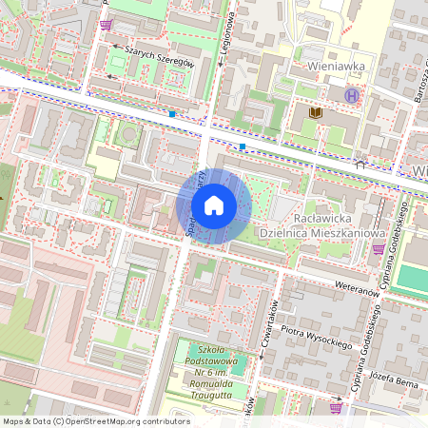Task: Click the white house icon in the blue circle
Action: tap(214, 205)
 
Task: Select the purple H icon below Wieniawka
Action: tap(353, 95)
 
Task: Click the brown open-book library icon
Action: tap(316, 113)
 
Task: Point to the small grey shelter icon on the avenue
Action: tap(360, 163)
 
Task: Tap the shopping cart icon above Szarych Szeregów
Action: tap(106, 25)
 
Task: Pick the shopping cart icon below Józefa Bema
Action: tap(335, 407)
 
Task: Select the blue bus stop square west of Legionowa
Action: tap(171, 114)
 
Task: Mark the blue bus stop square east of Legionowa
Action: tap(243, 146)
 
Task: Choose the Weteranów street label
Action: tap(360, 286)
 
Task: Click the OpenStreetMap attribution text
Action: tap(96, 420)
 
